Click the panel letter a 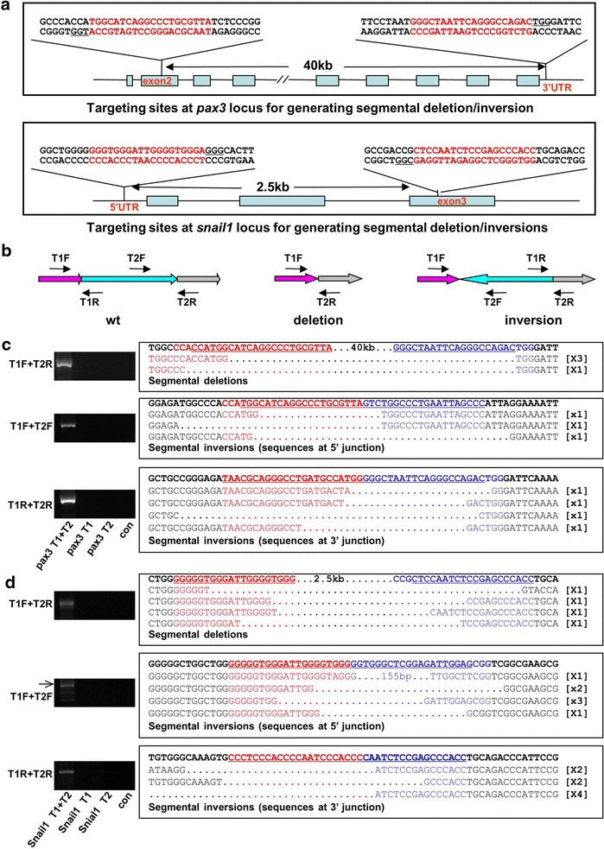click(x=7, y=8)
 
